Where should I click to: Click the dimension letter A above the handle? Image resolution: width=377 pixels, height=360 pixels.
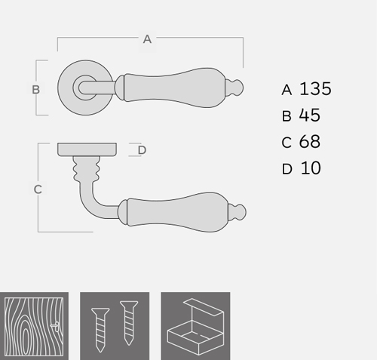pos(147,39)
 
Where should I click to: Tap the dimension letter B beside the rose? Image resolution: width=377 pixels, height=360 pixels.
pos(35,90)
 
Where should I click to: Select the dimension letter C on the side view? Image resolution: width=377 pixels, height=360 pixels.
pos(38,189)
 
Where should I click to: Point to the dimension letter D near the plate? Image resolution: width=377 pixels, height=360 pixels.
pos(142,150)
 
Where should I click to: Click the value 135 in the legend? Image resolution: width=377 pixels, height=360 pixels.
pos(315,89)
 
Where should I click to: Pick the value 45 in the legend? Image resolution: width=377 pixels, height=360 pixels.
pos(310,115)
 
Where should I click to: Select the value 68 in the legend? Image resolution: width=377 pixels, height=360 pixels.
pos(310,142)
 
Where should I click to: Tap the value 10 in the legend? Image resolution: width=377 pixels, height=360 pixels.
pos(311,168)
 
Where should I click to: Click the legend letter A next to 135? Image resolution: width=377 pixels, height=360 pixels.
pos(287,90)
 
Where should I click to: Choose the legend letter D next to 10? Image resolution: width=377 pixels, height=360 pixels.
pos(287,169)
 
